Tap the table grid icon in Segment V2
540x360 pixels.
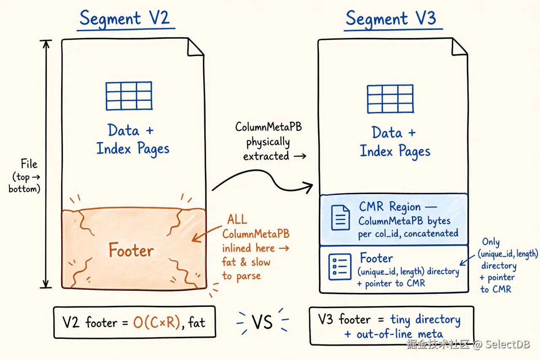pyautogui.click(x=129, y=96)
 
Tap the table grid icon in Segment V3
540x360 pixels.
pyautogui.click(x=390, y=99)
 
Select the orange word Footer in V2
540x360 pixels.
pyautogui.click(x=131, y=250)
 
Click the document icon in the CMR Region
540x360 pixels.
pyautogui.click(x=340, y=217)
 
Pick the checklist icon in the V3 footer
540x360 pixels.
pyautogui.click(x=340, y=267)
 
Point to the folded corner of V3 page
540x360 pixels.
pyautogui.click(x=459, y=47)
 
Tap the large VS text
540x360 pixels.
pyautogui.click(x=262, y=322)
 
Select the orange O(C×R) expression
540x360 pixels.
pyautogui.click(x=157, y=322)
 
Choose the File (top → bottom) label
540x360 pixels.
pyautogui.click(x=24, y=176)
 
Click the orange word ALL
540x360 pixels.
pyautogui.click(x=237, y=219)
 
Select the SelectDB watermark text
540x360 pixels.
pyautogui.click(x=508, y=344)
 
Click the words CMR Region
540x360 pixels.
pyautogui.click(x=390, y=207)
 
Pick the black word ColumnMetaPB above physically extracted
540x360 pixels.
pyautogui.click(x=269, y=127)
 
